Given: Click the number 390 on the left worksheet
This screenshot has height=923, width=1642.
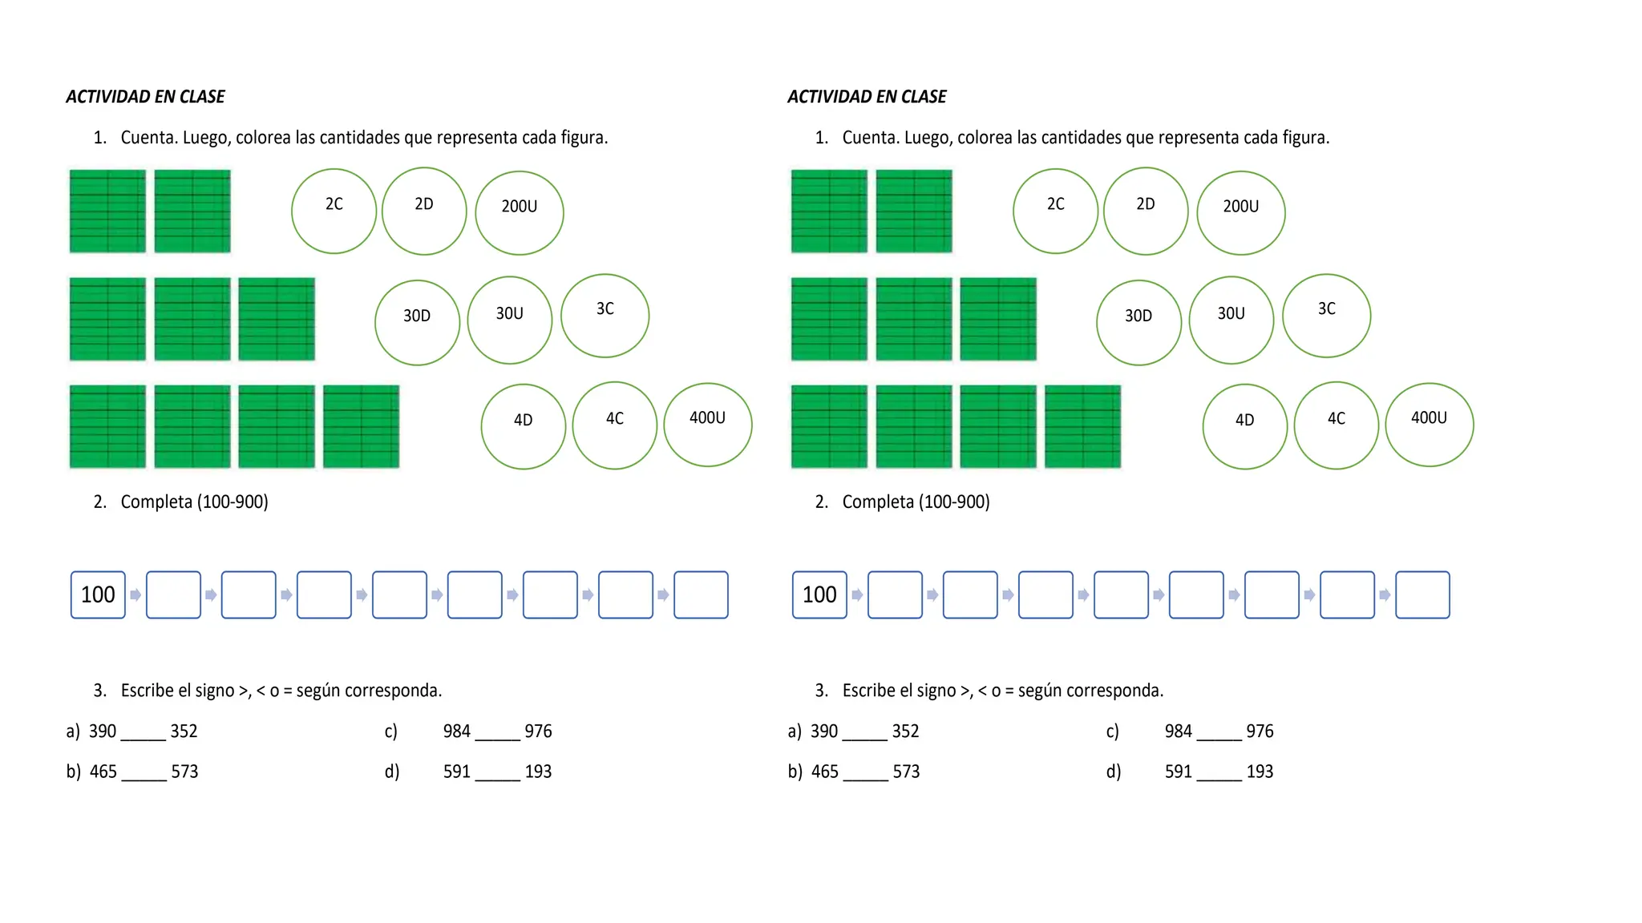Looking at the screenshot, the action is coord(103,731).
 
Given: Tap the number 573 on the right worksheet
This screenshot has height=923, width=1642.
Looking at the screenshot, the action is coord(906,772).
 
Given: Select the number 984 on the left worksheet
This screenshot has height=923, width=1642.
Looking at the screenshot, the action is coord(457,731).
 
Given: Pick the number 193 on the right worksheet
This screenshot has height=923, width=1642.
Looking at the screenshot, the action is coord(1260,772).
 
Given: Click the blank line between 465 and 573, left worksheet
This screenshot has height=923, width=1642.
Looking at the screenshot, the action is coord(144,780).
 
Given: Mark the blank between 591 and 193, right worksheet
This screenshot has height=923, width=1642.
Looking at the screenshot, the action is coord(1219,780).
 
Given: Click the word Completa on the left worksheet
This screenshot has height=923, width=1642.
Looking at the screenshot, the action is coord(156,502).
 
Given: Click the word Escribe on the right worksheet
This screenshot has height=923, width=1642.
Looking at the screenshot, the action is coord(868,690).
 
